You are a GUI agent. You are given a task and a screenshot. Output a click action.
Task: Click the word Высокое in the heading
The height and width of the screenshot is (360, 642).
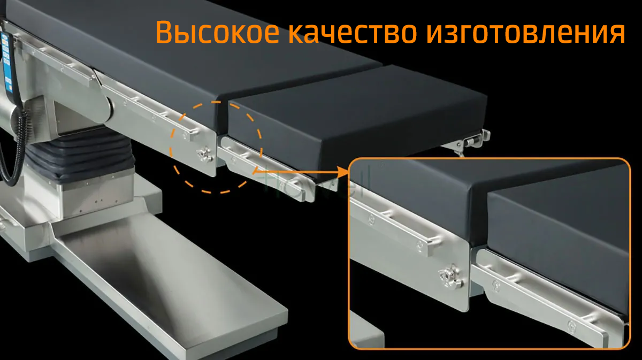click(x=217, y=32)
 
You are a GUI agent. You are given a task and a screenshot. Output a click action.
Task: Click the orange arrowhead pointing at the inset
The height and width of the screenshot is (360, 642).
click(x=343, y=172)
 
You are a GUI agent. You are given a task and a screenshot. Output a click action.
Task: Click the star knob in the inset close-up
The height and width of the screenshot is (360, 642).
click(x=450, y=277)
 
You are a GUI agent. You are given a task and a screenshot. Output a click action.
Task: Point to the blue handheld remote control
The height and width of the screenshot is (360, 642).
click(x=7, y=63)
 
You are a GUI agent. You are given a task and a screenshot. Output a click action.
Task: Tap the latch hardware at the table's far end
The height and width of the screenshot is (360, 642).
click(x=470, y=142)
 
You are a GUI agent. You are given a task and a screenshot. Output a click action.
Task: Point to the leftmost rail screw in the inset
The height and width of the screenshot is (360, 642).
click(x=371, y=219)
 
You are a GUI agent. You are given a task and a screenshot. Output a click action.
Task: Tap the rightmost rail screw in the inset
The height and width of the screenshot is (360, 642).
click(x=572, y=326)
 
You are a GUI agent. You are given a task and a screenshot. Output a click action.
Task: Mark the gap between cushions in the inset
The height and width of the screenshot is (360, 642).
click(x=479, y=218)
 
